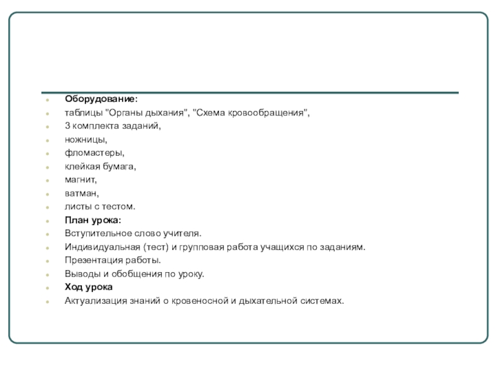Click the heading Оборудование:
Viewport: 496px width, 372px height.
[102, 99]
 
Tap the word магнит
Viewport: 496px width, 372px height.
[81, 179]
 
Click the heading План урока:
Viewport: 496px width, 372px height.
[93, 220]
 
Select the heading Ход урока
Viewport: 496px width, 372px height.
[89, 287]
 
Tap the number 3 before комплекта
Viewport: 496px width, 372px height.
[67, 126]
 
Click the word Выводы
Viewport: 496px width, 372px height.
[81, 273]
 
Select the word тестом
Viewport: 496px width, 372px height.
[119, 206]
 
